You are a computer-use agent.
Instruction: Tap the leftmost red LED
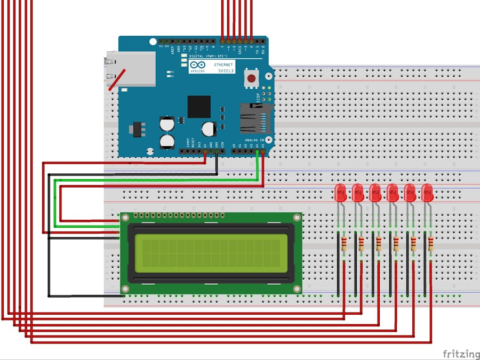[x=341, y=193]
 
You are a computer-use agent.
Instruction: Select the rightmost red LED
[x=427, y=193]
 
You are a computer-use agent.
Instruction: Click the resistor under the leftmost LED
[x=344, y=244]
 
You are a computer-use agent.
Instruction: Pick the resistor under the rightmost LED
[x=430, y=244]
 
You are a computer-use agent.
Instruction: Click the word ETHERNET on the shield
[x=223, y=65]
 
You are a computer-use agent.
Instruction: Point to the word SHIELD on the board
[x=226, y=70]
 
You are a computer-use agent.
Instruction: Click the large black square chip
[x=199, y=107]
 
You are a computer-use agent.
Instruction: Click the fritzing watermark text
[x=461, y=354]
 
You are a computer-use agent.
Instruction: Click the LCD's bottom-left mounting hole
[x=125, y=290]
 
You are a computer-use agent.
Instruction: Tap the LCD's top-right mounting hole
[x=297, y=217]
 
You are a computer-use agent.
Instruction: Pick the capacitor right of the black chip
[x=209, y=129]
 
